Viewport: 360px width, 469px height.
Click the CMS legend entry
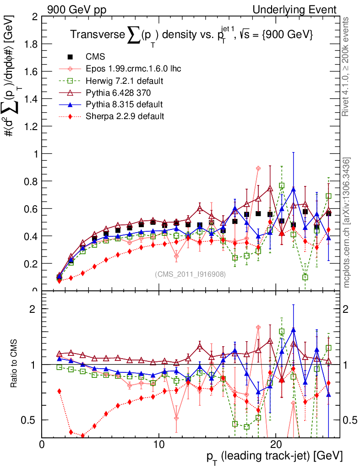pos(95,57)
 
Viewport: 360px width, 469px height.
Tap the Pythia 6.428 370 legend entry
pos(117,93)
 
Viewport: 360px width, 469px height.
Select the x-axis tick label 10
pos(159,444)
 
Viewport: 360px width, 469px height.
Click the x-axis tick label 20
pos(276,444)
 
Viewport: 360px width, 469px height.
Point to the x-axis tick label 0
pos(42,444)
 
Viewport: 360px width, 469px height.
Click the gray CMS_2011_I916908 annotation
pos(191,274)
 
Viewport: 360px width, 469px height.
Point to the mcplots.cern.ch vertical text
pos(347,222)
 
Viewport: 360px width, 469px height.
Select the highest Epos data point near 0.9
pos(258,169)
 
